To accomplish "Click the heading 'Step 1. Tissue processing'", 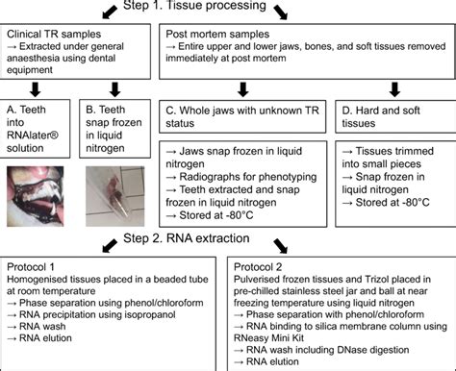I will tap(228, 7).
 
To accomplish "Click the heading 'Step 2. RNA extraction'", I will tap(228, 235).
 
